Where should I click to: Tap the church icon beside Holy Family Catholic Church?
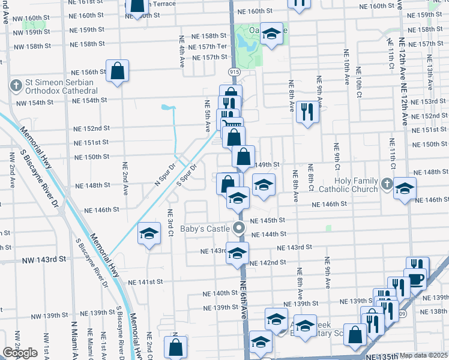[x=388, y=184]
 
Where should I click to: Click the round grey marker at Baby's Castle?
[x=239, y=228]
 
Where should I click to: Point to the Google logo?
[x=20, y=353]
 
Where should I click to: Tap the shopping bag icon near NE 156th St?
[x=118, y=71]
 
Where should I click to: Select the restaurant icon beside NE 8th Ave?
[x=307, y=112]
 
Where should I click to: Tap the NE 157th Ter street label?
[x=208, y=47]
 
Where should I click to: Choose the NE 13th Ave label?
[x=429, y=72]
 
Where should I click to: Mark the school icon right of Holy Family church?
[x=405, y=189]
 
